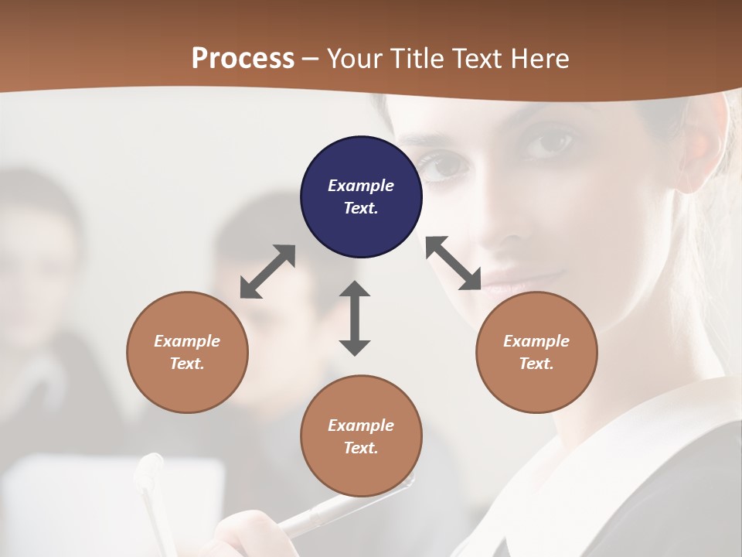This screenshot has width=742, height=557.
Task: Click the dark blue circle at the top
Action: [x=361, y=197]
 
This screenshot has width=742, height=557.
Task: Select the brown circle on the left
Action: [x=187, y=352]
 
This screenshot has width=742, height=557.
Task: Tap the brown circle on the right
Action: [x=536, y=352]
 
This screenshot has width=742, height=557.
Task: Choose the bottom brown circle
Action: [x=361, y=436]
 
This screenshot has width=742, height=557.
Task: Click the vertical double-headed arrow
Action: [x=355, y=318]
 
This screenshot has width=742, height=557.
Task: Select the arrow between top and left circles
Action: [x=267, y=272]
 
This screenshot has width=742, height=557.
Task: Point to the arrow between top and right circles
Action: [x=454, y=263]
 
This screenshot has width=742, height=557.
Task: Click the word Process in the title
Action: [x=243, y=58]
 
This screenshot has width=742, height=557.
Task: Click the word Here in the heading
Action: [x=540, y=58]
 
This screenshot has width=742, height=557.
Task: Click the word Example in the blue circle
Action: [x=361, y=186]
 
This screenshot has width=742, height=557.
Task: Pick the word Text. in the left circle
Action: [x=187, y=364]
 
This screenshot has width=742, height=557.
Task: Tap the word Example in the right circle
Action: [x=536, y=341]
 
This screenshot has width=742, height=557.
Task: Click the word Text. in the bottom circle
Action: [x=361, y=448]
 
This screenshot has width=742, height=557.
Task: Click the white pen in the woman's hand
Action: [x=340, y=507]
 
